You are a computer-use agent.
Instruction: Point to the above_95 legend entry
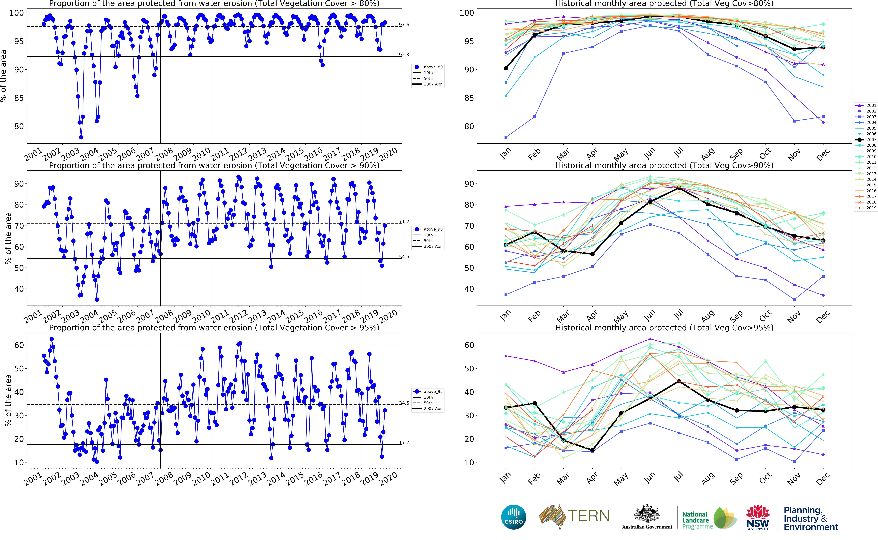pyautogui.click(x=428, y=391)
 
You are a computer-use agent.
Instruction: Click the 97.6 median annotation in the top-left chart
pyautogui.click(x=404, y=25)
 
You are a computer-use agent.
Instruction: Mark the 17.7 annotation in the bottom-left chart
pyautogui.click(x=404, y=442)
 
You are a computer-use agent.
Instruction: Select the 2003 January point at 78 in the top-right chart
pyautogui.click(x=506, y=137)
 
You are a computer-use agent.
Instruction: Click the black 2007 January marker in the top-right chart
pyautogui.click(x=506, y=68)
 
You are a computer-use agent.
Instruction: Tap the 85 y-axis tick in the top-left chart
pyautogui.click(x=19, y=98)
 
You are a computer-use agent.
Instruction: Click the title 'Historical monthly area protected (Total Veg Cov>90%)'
pyautogui.click(x=664, y=165)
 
